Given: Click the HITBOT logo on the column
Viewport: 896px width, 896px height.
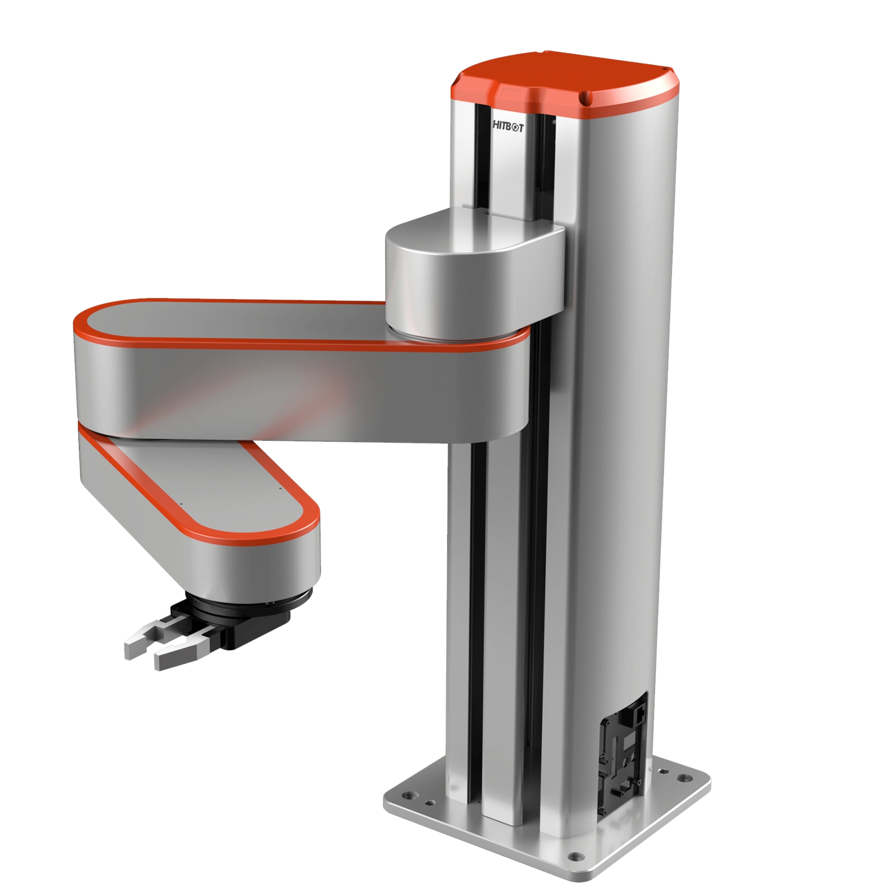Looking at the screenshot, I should [507, 128].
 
